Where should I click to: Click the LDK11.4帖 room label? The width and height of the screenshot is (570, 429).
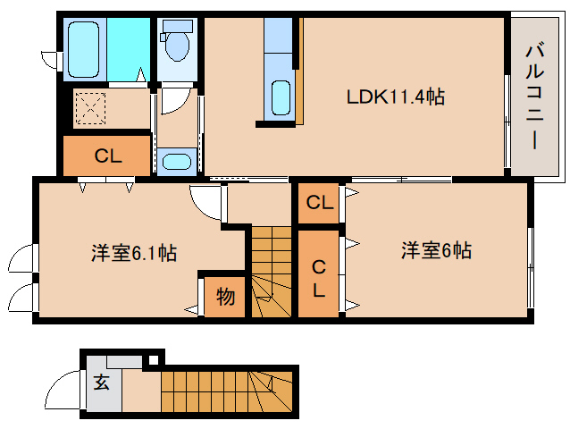pyautogui.click(x=395, y=97)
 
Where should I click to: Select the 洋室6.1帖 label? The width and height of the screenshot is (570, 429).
pyautogui.click(x=133, y=253)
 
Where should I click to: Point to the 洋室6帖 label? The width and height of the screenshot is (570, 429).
pyautogui.click(x=435, y=251)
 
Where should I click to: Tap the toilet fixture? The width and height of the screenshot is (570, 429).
pyautogui.click(x=176, y=44)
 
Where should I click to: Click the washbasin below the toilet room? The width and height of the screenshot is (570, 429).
pyautogui.click(x=176, y=162)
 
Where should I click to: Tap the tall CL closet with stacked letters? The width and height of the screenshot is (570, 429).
pyautogui.click(x=318, y=276)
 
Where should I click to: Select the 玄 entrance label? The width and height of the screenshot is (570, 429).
pyautogui.click(x=101, y=383)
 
